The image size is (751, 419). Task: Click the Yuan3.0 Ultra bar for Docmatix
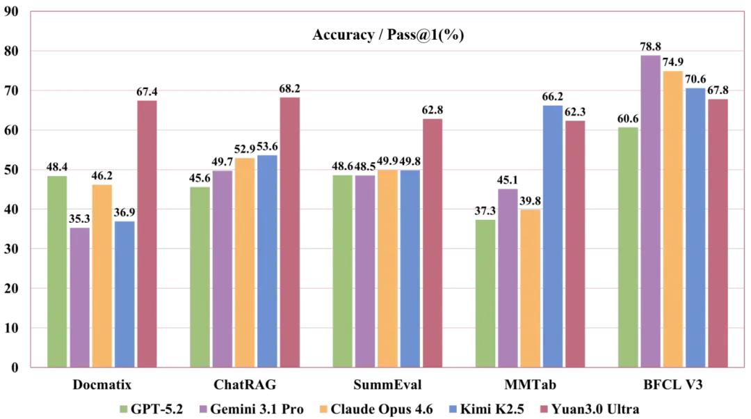pos(147,234)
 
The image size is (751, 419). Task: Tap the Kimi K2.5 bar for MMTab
pos(553,236)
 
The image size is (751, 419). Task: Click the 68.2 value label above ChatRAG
pos(289,88)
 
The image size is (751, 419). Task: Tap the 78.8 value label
pos(649,47)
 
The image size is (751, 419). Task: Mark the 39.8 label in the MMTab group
pos(531,201)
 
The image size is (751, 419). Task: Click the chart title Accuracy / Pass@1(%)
pos(388,35)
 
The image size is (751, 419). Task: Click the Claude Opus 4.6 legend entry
pos(380,409)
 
